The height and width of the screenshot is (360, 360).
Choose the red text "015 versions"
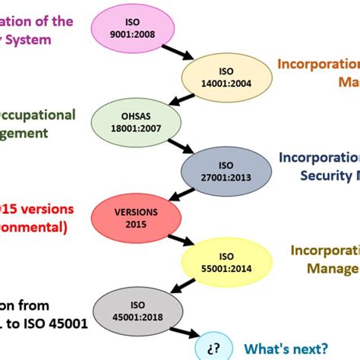click(x=33, y=208)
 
